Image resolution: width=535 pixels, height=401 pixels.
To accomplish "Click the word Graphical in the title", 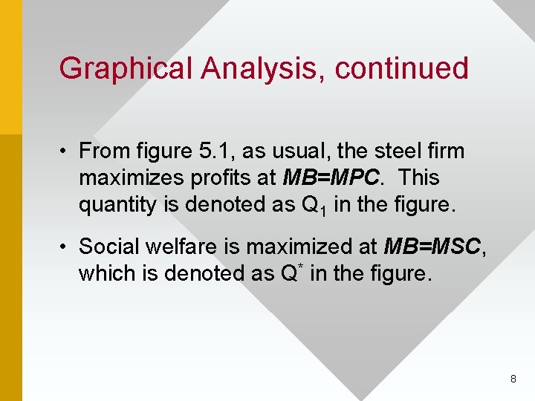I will (x=126, y=68).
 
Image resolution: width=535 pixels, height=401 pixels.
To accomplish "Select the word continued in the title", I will (x=402, y=68).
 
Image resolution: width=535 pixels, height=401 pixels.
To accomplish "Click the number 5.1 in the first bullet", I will (x=214, y=151).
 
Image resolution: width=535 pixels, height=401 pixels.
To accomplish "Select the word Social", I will (x=108, y=246).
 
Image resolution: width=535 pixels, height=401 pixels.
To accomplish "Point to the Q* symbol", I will (x=292, y=273).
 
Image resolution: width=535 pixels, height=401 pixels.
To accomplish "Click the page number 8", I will (x=513, y=379).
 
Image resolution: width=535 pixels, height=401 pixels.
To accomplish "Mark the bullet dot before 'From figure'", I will (x=66, y=152).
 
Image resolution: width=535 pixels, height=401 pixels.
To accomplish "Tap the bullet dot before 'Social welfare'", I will (x=66, y=247).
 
